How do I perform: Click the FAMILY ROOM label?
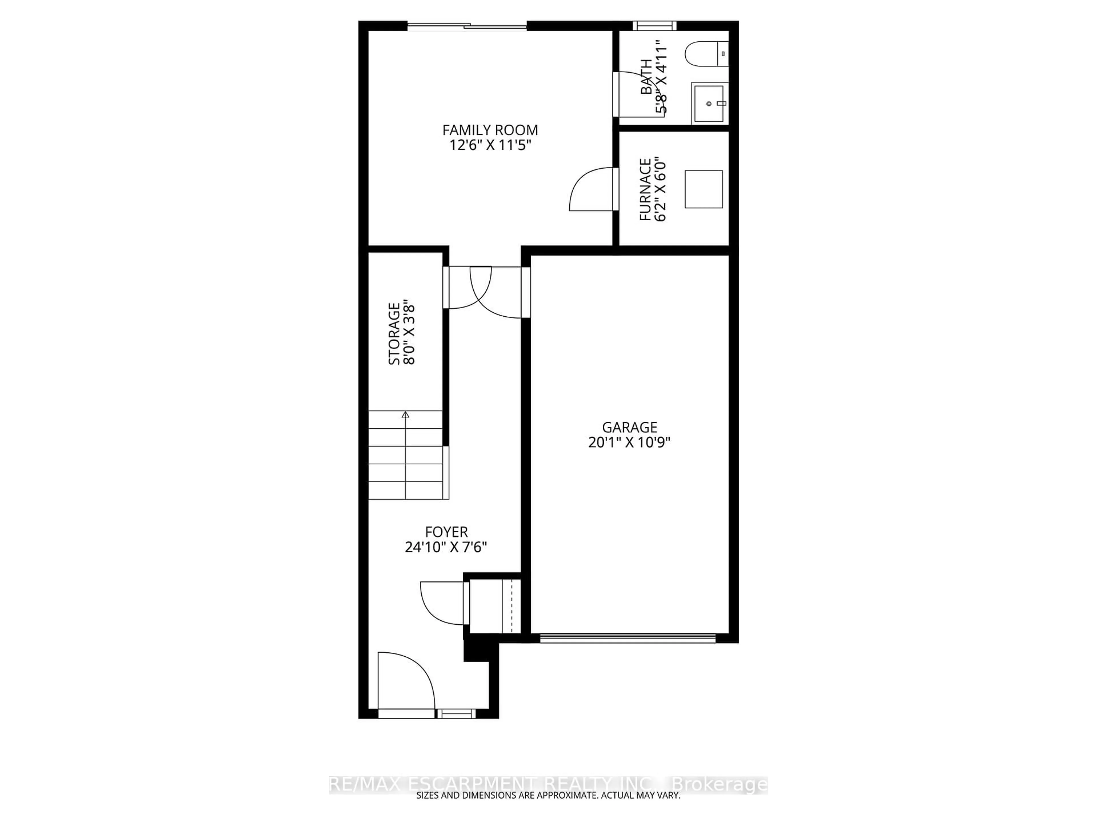click(x=490, y=130)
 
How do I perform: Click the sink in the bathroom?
click(x=709, y=103)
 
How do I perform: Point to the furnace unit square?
click(x=703, y=189)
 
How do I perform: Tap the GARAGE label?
click(x=629, y=427)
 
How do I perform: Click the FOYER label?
click(x=446, y=532)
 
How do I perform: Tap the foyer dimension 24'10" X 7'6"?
click(x=446, y=547)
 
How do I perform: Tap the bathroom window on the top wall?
click(x=654, y=25)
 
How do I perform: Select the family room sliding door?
click(x=467, y=25)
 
